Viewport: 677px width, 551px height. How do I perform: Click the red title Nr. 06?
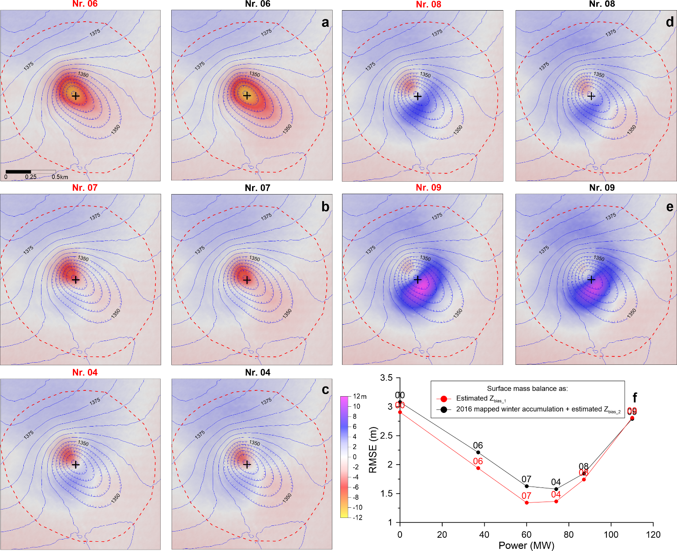point(85,4)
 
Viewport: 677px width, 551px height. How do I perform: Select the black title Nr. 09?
point(602,188)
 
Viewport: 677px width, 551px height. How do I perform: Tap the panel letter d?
point(669,22)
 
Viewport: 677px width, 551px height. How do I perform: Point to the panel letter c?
point(325,390)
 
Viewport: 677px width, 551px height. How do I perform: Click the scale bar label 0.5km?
point(60,177)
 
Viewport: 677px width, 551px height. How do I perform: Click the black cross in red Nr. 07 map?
point(75,280)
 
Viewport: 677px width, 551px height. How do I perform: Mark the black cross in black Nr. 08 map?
point(591,96)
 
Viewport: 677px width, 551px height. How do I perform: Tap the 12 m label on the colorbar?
point(360,397)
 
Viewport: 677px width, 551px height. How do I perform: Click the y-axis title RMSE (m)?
point(373,450)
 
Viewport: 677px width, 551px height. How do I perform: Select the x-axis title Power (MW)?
point(526,546)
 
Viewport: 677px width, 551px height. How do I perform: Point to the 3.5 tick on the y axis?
point(387,378)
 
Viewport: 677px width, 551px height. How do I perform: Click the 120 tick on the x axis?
point(653,535)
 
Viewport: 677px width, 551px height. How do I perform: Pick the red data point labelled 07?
point(527,502)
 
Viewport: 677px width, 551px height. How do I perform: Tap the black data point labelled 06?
point(478,452)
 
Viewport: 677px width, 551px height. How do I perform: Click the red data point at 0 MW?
point(400,412)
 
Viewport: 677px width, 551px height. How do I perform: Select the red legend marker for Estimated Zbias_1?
point(444,398)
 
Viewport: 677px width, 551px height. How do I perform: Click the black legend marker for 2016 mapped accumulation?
point(444,409)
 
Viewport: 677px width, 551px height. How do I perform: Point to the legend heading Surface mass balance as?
point(527,389)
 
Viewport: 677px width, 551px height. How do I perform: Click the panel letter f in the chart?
point(635,398)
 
